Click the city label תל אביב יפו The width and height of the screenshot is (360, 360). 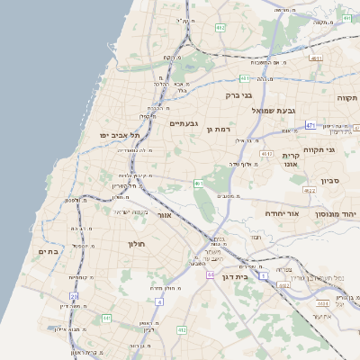pyautogui.click(x=103, y=134)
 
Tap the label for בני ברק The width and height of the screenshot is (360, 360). pyautogui.click(x=238, y=94)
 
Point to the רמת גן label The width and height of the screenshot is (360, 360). pyautogui.click(x=220, y=129)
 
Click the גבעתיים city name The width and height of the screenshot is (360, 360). pyautogui.click(x=184, y=122)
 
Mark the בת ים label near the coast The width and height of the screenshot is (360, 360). pyautogui.click(x=49, y=251)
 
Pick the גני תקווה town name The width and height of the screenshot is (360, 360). pyautogui.click(x=319, y=149)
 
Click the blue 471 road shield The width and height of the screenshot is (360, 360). pyautogui.click(x=310, y=125)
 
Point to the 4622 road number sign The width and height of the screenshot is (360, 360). pyautogui.click(x=309, y=191)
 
